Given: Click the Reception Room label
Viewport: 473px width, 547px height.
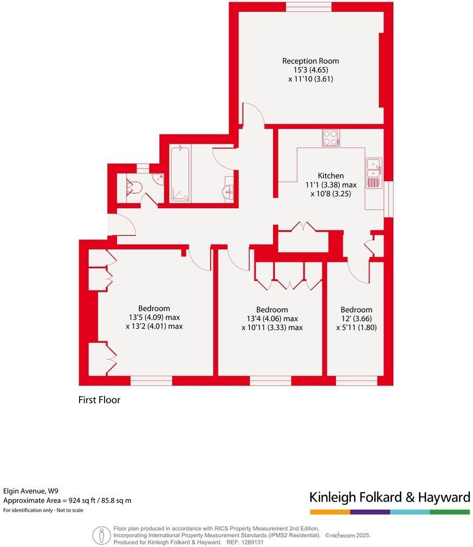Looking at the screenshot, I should (x=310, y=61).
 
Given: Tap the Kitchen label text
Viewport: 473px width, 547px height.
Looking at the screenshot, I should (x=331, y=176).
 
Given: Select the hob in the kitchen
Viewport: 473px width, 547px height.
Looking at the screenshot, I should (x=331, y=138).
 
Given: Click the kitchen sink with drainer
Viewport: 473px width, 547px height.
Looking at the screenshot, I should (x=374, y=173).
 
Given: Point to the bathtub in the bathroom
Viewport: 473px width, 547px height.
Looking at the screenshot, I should (x=179, y=173).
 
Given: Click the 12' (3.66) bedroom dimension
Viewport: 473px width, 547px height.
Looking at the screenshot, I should (x=356, y=318).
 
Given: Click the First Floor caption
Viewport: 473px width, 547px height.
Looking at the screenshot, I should (x=99, y=400).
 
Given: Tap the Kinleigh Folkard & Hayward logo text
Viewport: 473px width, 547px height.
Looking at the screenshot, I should (x=389, y=497).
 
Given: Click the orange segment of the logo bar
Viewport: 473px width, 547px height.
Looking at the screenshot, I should (x=330, y=512).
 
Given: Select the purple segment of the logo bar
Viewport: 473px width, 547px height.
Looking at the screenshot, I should (x=370, y=512).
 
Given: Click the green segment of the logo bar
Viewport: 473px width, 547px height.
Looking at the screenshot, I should (x=450, y=512).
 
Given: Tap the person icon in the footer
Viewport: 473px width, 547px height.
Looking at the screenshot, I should (x=101, y=535).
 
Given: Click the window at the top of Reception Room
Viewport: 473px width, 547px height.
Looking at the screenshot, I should (x=309, y=7).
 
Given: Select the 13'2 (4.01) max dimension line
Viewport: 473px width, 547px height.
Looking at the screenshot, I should (x=154, y=326).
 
